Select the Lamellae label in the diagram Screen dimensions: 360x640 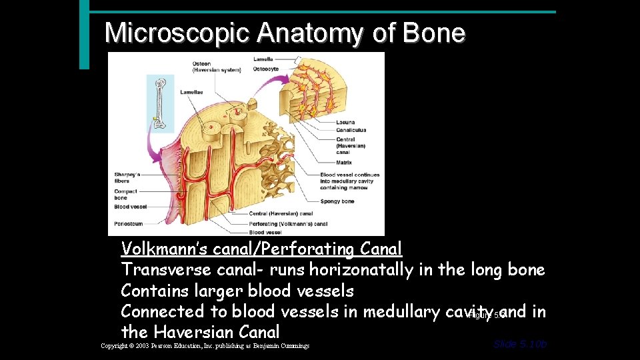(191, 92)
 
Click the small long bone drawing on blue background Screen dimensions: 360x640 (160, 103)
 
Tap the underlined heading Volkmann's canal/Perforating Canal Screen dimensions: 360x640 (261, 249)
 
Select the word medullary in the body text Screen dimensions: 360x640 (390, 311)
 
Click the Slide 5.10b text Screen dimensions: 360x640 (520, 344)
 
